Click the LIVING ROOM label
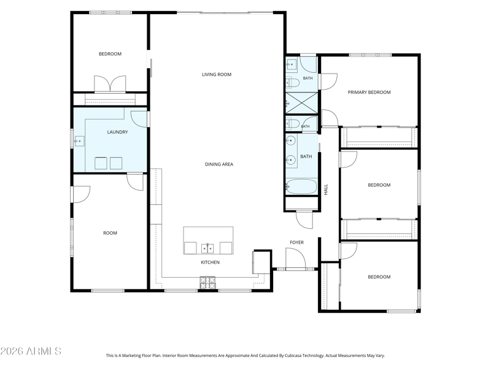click(217, 74)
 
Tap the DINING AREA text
click(219, 164)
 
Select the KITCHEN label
click(210, 263)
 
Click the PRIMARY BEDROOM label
click(369, 93)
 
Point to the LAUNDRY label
click(117, 132)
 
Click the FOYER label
click(296, 242)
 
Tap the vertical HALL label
click(326, 190)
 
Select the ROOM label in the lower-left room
click(110, 233)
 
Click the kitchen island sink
click(207, 248)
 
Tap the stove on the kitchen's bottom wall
click(208, 283)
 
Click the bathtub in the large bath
click(301, 186)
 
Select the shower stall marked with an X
click(301, 103)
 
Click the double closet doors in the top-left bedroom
click(110, 84)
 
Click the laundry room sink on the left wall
click(79, 142)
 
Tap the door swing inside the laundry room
click(139, 119)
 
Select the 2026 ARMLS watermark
click(31, 351)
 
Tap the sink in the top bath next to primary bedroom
click(291, 64)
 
